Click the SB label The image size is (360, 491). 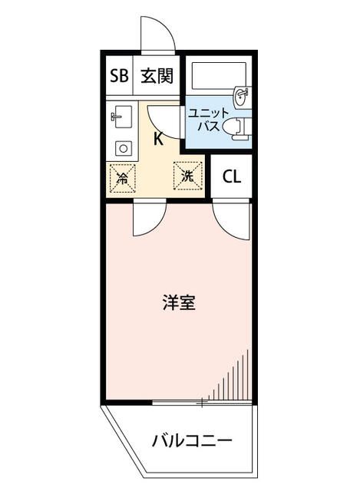click(118, 76)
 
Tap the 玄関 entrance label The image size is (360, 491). click(156, 76)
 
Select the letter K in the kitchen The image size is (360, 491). click(158, 139)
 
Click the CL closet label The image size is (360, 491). click(232, 176)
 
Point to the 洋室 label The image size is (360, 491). click(178, 302)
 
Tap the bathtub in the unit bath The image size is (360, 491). click(216, 77)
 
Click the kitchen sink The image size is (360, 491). click(121, 119)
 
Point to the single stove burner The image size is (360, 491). click(121, 147)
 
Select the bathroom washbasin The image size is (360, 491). click(242, 96)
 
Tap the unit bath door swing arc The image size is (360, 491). click(164, 118)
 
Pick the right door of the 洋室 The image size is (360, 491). click(231, 218)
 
